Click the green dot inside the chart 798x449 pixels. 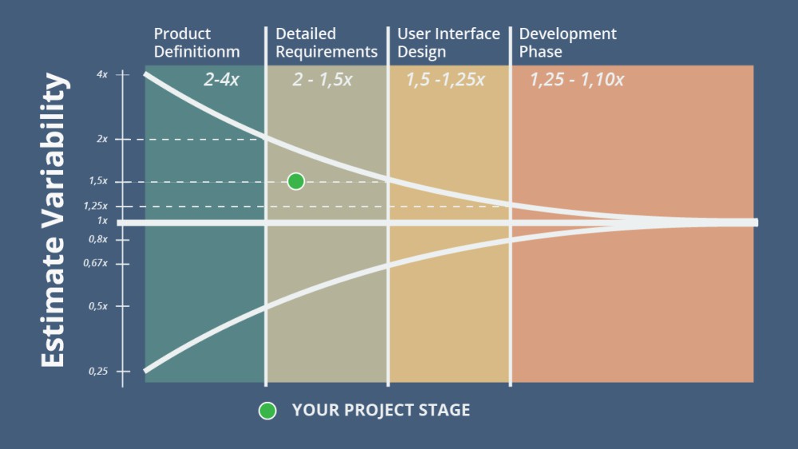tap(295, 182)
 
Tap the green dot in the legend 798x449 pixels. tap(267, 411)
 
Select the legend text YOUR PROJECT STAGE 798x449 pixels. tap(381, 411)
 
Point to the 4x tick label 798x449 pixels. tap(101, 75)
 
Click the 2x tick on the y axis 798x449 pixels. tap(101, 140)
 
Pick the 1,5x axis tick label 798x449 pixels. tap(98, 182)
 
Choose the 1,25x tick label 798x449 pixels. tap(96, 206)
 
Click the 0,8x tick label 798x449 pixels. tap(98, 239)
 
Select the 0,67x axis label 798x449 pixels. tap(97, 263)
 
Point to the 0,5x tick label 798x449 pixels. tap(98, 306)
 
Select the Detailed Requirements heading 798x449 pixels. tap(326, 43)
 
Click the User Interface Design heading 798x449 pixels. tap(448, 43)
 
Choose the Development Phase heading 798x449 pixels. tap(567, 43)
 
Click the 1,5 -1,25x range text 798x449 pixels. tap(445, 80)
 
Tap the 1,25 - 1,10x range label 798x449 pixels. tap(577, 80)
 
